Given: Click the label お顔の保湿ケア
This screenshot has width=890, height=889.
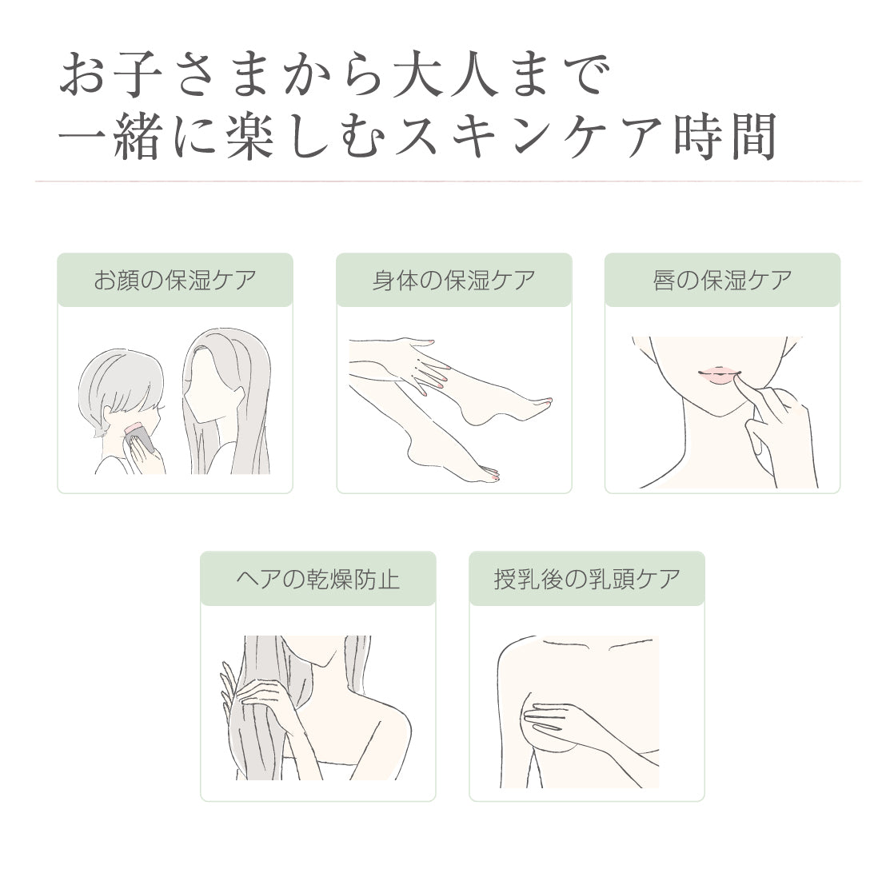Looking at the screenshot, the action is click(175, 281).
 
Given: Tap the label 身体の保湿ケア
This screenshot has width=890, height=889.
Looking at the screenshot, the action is click(453, 281).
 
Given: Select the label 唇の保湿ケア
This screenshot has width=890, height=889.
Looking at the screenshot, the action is click(722, 281).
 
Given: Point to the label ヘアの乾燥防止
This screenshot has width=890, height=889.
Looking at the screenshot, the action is click(318, 579).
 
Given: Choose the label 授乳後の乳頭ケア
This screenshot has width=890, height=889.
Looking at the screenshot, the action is click(587, 579).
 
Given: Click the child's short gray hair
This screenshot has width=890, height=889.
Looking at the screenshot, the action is click(120, 386).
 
